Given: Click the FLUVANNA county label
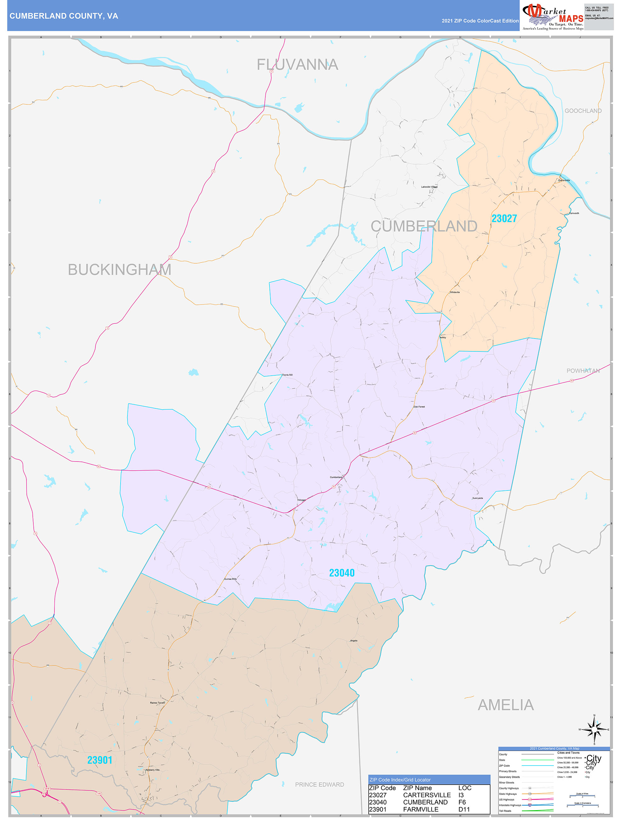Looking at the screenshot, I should click(x=297, y=65).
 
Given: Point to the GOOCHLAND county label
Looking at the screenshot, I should click(x=583, y=111).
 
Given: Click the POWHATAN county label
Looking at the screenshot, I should click(x=583, y=371).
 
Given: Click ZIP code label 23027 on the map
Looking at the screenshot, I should click(x=504, y=219).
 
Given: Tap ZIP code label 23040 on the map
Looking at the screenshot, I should click(x=342, y=573).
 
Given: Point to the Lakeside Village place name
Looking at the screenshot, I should click(x=429, y=187).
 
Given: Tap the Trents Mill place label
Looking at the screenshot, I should click(x=287, y=375).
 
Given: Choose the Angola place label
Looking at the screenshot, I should click(x=354, y=641).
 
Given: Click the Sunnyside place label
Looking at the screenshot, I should click(x=477, y=498).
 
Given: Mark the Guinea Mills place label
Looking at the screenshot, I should click(x=230, y=579).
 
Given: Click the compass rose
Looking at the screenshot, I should click(x=594, y=729).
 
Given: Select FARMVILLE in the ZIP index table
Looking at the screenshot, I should click(x=420, y=809).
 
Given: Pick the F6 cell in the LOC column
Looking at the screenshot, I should click(x=462, y=802).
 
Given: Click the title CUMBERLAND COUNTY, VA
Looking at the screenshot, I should click(x=64, y=16).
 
